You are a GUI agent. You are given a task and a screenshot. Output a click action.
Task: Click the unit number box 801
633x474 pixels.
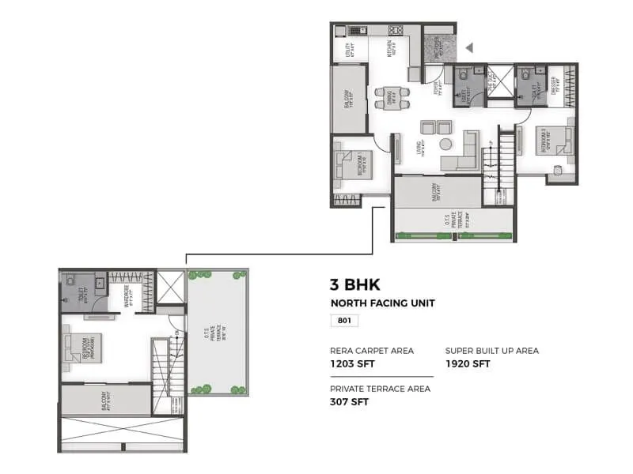coord(344,321)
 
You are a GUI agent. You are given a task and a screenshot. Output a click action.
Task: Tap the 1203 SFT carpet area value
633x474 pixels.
coord(353,363)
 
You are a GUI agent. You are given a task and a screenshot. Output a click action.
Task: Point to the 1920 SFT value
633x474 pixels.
coord(468,363)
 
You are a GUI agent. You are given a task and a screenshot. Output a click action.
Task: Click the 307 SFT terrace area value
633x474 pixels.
coord(349,401)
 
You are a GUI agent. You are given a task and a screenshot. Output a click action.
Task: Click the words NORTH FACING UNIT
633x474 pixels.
coord(382,303)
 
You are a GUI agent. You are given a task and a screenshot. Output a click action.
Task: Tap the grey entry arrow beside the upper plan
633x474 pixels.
coord(469,48)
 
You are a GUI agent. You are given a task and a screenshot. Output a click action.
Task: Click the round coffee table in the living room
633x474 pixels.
coord(446,145)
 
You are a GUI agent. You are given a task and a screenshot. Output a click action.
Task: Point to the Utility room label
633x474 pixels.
coord(349,51)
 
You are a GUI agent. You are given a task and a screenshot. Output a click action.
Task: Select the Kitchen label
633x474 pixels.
coord(390,49)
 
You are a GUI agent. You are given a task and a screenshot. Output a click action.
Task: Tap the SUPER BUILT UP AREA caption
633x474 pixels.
coord(491,350)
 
